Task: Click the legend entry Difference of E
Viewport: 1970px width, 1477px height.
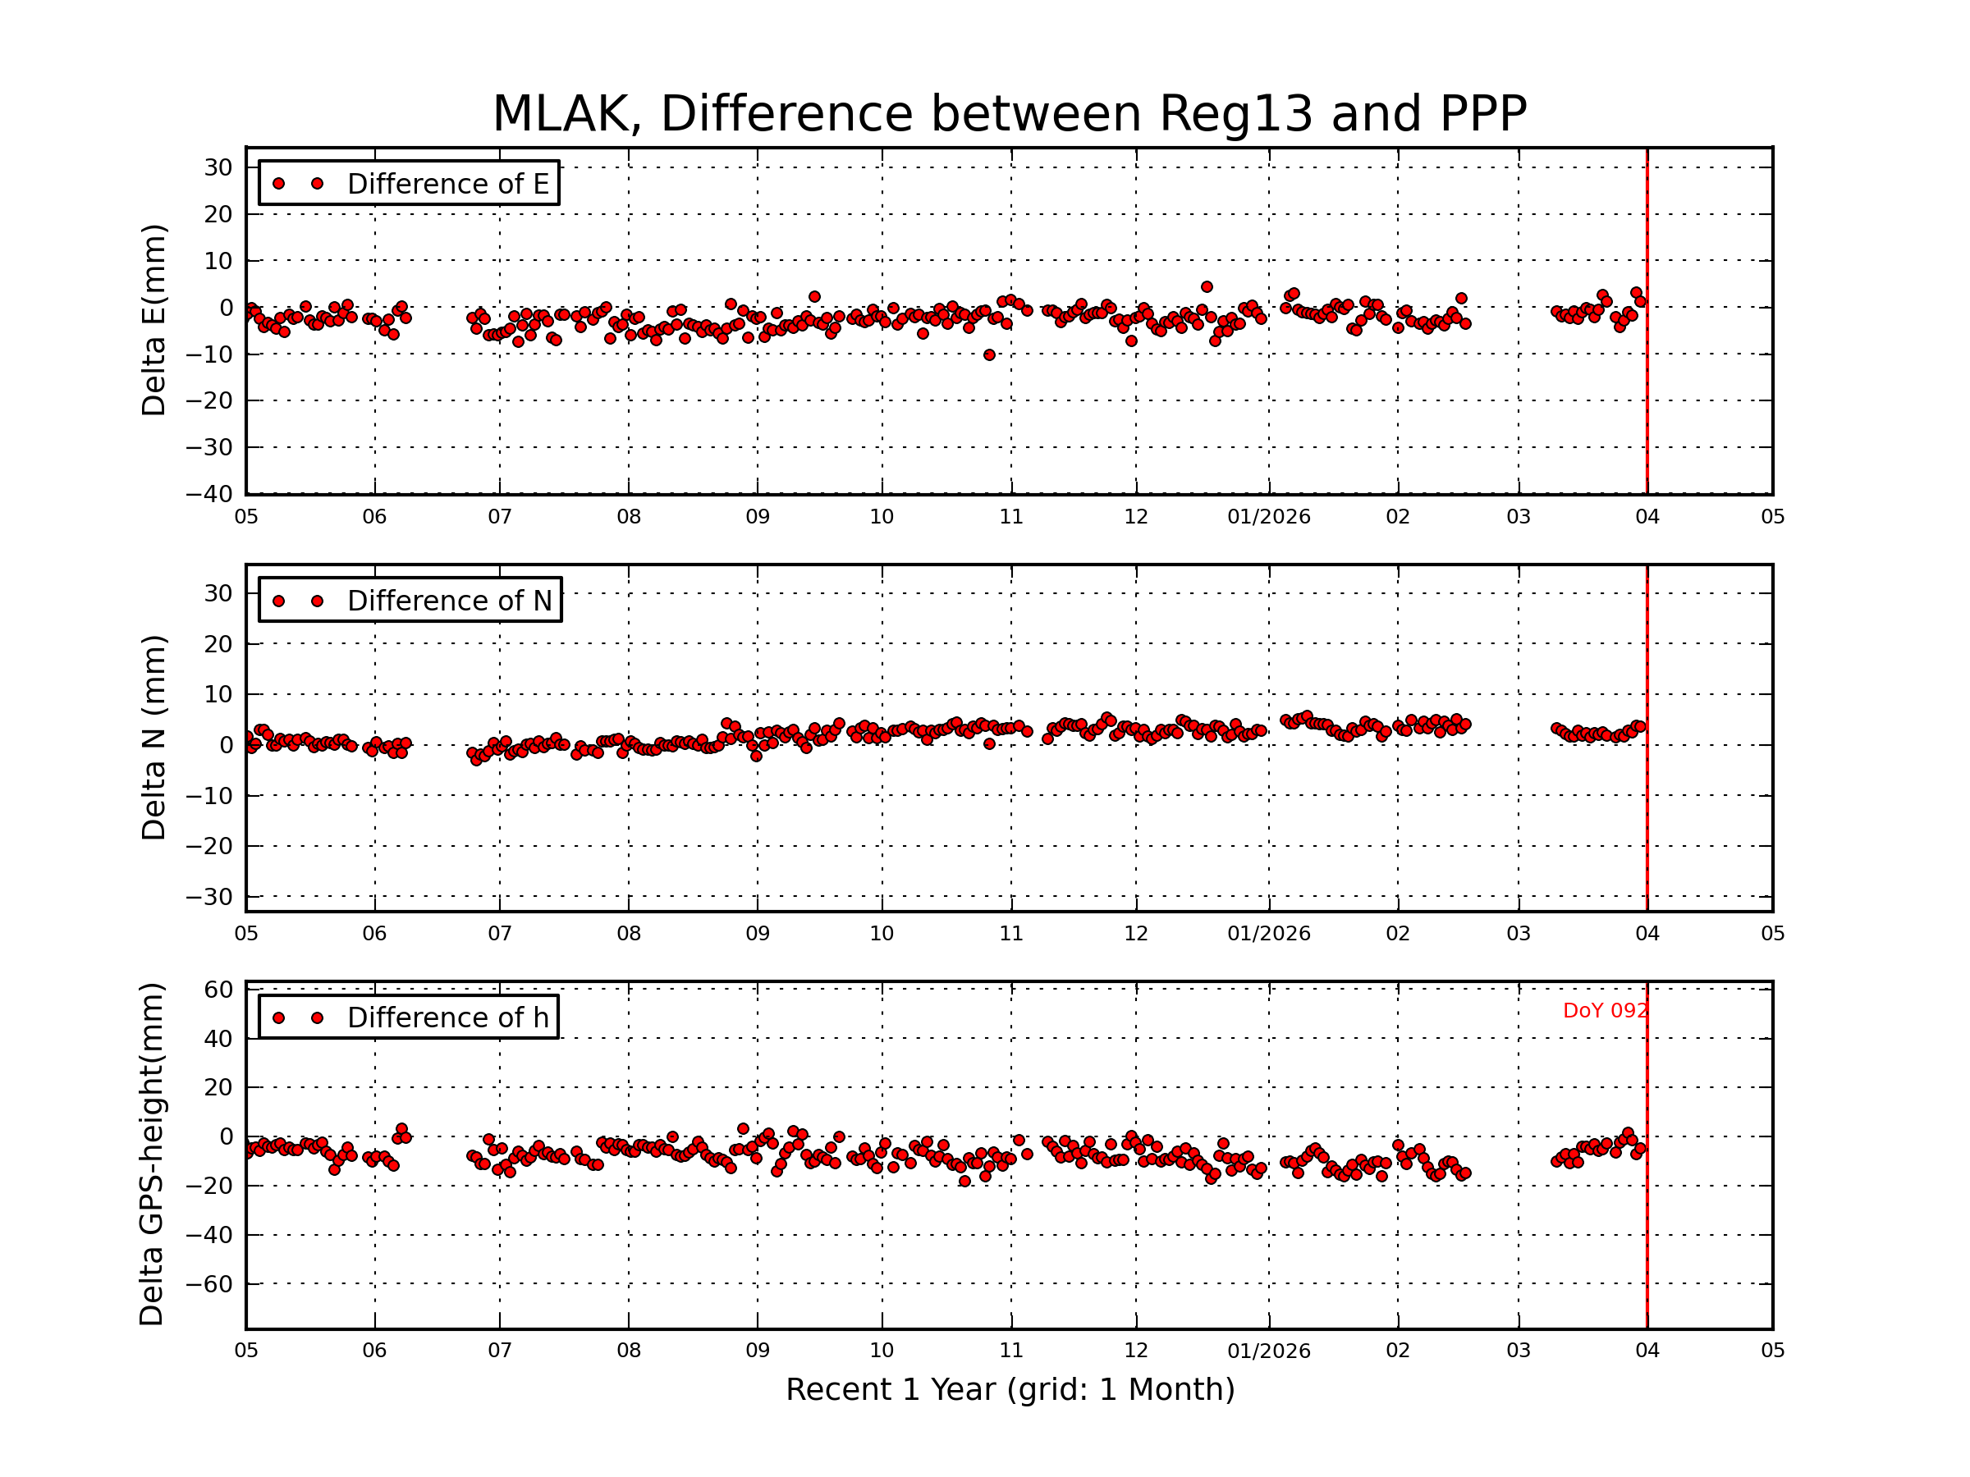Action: point(447,185)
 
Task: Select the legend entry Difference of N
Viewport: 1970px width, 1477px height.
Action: point(449,601)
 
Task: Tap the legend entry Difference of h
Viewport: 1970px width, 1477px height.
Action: point(447,1017)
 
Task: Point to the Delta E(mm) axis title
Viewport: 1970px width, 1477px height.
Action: point(153,321)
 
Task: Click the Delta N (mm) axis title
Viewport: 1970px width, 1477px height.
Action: point(153,737)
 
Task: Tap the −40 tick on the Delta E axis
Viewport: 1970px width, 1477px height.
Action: point(208,494)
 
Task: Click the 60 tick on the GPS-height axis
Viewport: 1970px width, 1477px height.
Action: point(219,990)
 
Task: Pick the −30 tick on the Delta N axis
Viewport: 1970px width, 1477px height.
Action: point(208,897)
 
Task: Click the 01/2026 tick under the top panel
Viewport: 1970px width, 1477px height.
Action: point(1268,517)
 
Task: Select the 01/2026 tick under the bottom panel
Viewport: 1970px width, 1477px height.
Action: point(1268,1351)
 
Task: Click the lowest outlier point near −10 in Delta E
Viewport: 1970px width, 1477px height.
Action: point(988,355)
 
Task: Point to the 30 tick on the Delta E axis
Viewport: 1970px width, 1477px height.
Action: point(218,167)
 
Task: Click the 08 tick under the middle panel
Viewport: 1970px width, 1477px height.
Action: point(629,934)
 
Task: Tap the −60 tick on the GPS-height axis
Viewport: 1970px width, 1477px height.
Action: point(208,1285)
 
